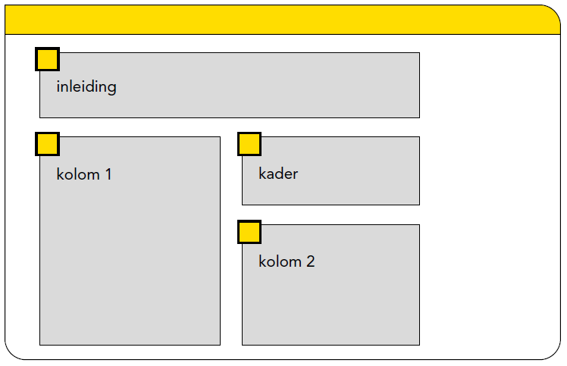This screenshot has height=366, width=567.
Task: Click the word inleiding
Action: pos(86,86)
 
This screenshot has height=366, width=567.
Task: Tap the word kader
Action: pos(278,174)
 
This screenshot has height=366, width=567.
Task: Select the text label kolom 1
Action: pos(84,174)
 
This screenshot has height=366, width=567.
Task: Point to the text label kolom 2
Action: pos(287,261)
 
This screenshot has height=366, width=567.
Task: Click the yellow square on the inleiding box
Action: pos(47,59)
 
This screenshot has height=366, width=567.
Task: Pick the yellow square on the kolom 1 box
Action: pos(47,143)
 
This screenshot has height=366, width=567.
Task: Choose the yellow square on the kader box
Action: pos(249,143)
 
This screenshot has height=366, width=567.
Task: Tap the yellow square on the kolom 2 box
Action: pos(249,232)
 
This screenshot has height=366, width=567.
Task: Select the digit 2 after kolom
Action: pos(310,261)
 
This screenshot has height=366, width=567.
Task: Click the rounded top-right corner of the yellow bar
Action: pos(553,11)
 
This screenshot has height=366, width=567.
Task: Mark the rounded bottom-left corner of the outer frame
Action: pos(11,353)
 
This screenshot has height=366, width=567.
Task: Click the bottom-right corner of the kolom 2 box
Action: pos(419,345)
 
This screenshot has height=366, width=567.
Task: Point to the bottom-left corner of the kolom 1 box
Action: pos(39,345)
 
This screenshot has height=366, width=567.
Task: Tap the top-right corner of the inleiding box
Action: pos(419,53)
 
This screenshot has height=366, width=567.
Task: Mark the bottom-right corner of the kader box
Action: pos(419,205)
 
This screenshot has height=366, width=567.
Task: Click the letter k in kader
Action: pos(262,174)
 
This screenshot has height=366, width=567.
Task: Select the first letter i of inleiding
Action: pos(58,86)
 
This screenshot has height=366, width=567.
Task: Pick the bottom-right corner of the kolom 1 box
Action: pos(220,345)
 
